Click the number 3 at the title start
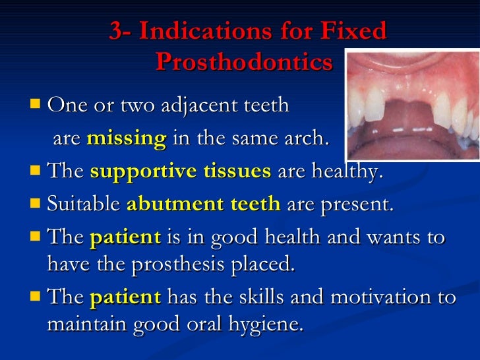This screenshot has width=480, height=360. click(116, 32)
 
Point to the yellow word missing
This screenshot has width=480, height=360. click(126, 138)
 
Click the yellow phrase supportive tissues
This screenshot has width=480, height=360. click(180, 171)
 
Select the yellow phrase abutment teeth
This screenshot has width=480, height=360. click(203, 204)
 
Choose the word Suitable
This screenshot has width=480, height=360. click(84, 204)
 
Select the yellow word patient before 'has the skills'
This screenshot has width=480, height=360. click(125, 298)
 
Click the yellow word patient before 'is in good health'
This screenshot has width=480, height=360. click(125, 237)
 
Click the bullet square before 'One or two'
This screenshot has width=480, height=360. click(36, 104)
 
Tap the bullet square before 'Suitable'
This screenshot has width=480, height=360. click(36, 203)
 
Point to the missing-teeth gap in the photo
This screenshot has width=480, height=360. click(411, 109)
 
